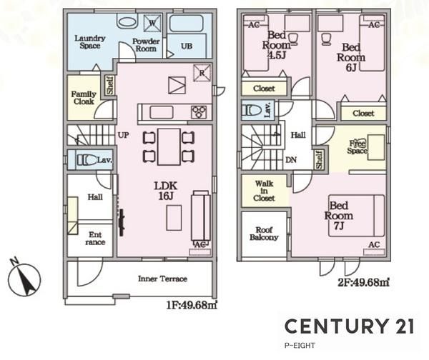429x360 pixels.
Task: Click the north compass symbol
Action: (x=24, y=279)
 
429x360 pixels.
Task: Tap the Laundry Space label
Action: (x=90, y=42)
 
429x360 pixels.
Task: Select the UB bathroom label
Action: (x=187, y=46)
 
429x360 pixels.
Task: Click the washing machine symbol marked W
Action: (x=152, y=23)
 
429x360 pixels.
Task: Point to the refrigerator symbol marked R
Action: (x=202, y=73)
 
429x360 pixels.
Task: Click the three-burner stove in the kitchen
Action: (x=199, y=112)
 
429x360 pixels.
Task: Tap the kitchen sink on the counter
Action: (x=162, y=112)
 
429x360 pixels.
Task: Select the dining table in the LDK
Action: (x=169, y=147)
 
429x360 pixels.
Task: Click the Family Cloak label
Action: (x=84, y=98)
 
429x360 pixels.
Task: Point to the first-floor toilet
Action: (x=87, y=160)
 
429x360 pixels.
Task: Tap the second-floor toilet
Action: (x=252, y=111)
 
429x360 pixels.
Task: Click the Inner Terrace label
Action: (x=162, y=279)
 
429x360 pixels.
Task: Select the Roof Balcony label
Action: (x=264, y=234)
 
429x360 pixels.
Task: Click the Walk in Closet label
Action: (x=264, y=191)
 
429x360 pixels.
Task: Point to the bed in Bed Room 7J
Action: (x=357, y=216)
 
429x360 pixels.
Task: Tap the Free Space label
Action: (x=357, y=147)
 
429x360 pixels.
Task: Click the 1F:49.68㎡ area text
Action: (x=192, y=305)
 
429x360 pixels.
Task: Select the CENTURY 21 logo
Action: (x=350, y=326)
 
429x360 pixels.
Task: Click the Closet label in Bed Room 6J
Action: (x=363, y=113)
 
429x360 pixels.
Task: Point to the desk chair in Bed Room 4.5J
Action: (x=292, y=39)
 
